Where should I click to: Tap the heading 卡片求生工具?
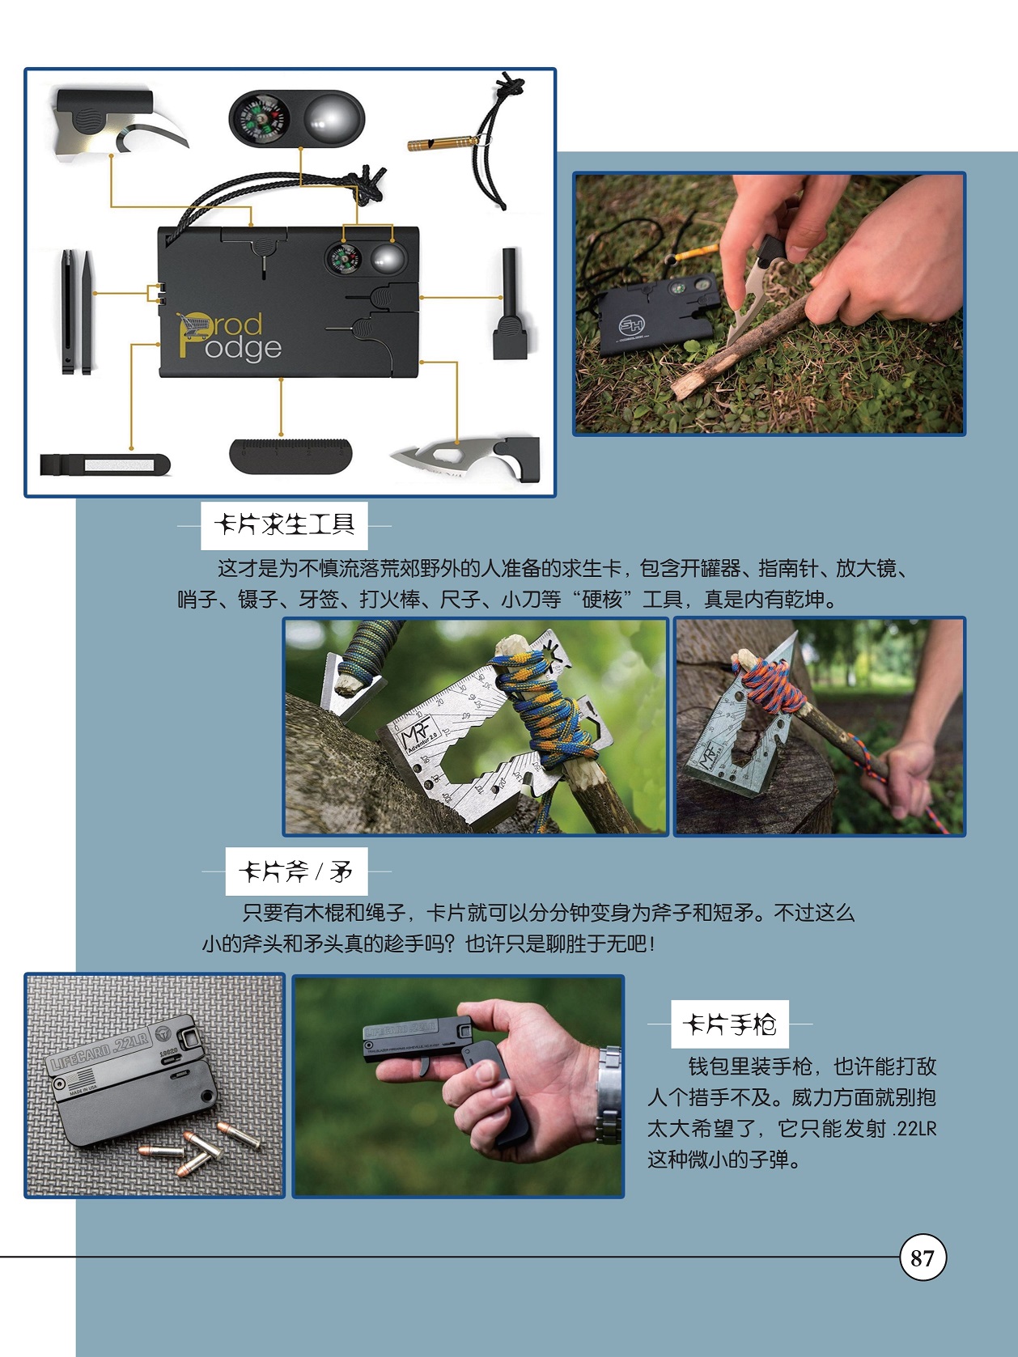(x=284, y=525)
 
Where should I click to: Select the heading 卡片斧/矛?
(x=296, y=871)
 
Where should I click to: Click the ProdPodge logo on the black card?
(x=230, y=337)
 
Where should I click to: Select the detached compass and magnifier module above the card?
(x=297, y=118)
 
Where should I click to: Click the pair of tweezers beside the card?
(x=76, y=312)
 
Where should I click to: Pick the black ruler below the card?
(x=290, y=455)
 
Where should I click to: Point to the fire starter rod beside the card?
(x=509, y=303)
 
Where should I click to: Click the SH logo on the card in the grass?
(x=632, y=324)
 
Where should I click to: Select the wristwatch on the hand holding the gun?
(x=609, y=1093)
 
